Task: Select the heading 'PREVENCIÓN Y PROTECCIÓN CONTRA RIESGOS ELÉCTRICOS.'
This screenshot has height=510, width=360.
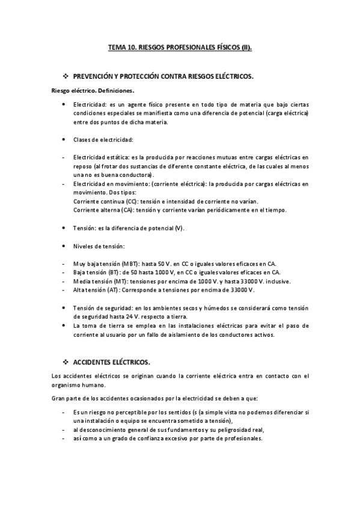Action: tap(163, 77)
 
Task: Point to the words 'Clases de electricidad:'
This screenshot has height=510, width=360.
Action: tap(102, 140)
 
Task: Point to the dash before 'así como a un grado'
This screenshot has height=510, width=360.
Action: tap(64, 438)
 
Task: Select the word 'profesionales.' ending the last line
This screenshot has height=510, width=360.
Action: tap(243, 438)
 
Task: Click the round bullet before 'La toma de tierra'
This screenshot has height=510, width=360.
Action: tap(64, 325)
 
